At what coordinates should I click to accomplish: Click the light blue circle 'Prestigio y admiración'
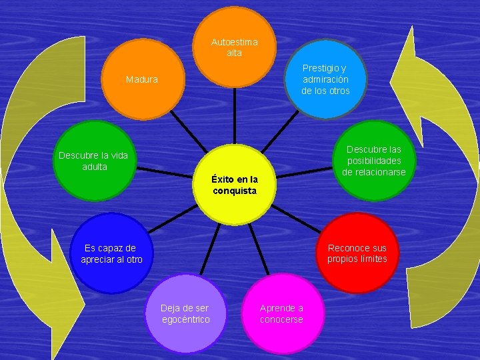[325, 79]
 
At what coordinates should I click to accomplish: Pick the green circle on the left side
[94, 161]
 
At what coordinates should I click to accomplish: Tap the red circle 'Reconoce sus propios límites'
[357, 253]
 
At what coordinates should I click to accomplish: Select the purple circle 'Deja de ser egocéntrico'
[185, 313]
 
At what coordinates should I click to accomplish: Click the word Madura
[142, 79]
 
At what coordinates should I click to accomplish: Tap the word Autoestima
[234, 42]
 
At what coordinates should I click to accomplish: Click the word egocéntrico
[185, 319]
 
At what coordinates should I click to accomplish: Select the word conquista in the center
[234, 191]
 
